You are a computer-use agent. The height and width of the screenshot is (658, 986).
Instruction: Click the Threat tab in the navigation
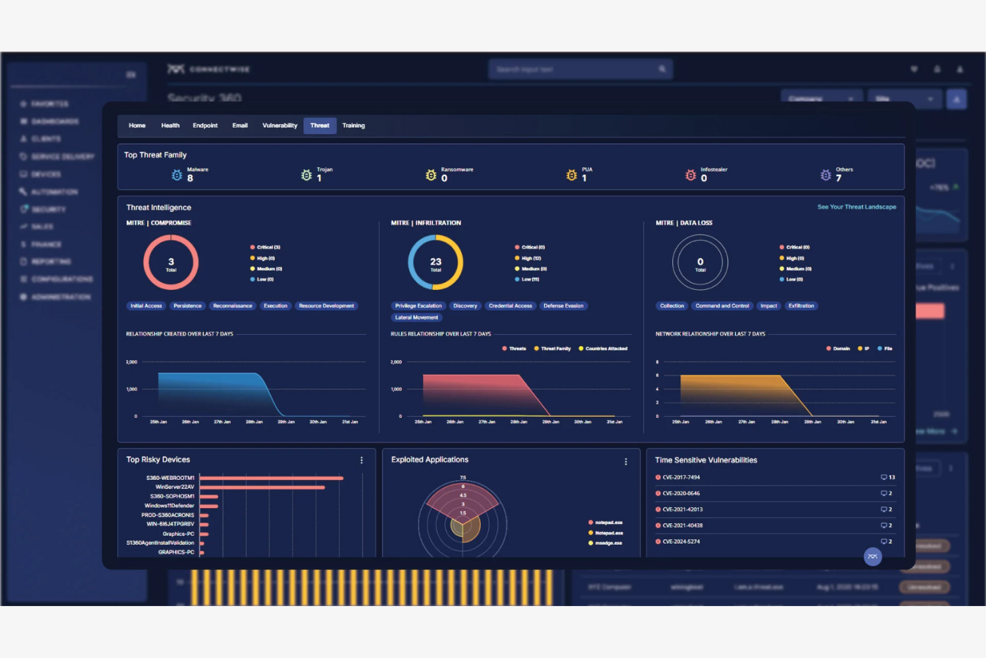coord(319,125)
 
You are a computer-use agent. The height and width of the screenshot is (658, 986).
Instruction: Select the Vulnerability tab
coord(280,125)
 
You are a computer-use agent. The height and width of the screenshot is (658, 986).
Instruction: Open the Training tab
coord(353,125)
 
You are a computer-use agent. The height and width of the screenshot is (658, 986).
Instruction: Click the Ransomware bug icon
coord(431,175)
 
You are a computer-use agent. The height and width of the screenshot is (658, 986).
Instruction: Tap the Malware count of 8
coord(190,178)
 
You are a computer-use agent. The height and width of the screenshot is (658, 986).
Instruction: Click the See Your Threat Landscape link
coord(856,207)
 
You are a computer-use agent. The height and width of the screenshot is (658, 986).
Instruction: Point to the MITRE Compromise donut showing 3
coord(171,263)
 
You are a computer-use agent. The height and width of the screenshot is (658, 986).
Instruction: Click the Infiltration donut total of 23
coord(436,263)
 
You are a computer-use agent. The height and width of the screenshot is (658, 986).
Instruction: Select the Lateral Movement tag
coord(416,317)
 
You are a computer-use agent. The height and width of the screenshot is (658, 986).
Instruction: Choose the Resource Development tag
coord(326,306)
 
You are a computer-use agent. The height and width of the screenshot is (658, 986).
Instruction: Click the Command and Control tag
coord(722,306)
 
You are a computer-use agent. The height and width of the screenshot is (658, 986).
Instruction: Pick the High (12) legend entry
coord(531,258)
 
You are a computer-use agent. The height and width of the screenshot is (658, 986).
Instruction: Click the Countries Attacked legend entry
coord(606,349)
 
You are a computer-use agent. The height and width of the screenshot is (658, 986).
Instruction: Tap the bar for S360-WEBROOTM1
coord(271,478)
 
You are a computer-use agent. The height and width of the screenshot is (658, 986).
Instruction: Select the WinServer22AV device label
coord(175,487)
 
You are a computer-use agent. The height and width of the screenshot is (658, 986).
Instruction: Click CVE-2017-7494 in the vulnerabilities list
coord(681,477)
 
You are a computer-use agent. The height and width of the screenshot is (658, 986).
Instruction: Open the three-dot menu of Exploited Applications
coord(626,461)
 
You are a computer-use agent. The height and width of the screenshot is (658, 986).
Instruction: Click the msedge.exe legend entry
coord(608,543)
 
